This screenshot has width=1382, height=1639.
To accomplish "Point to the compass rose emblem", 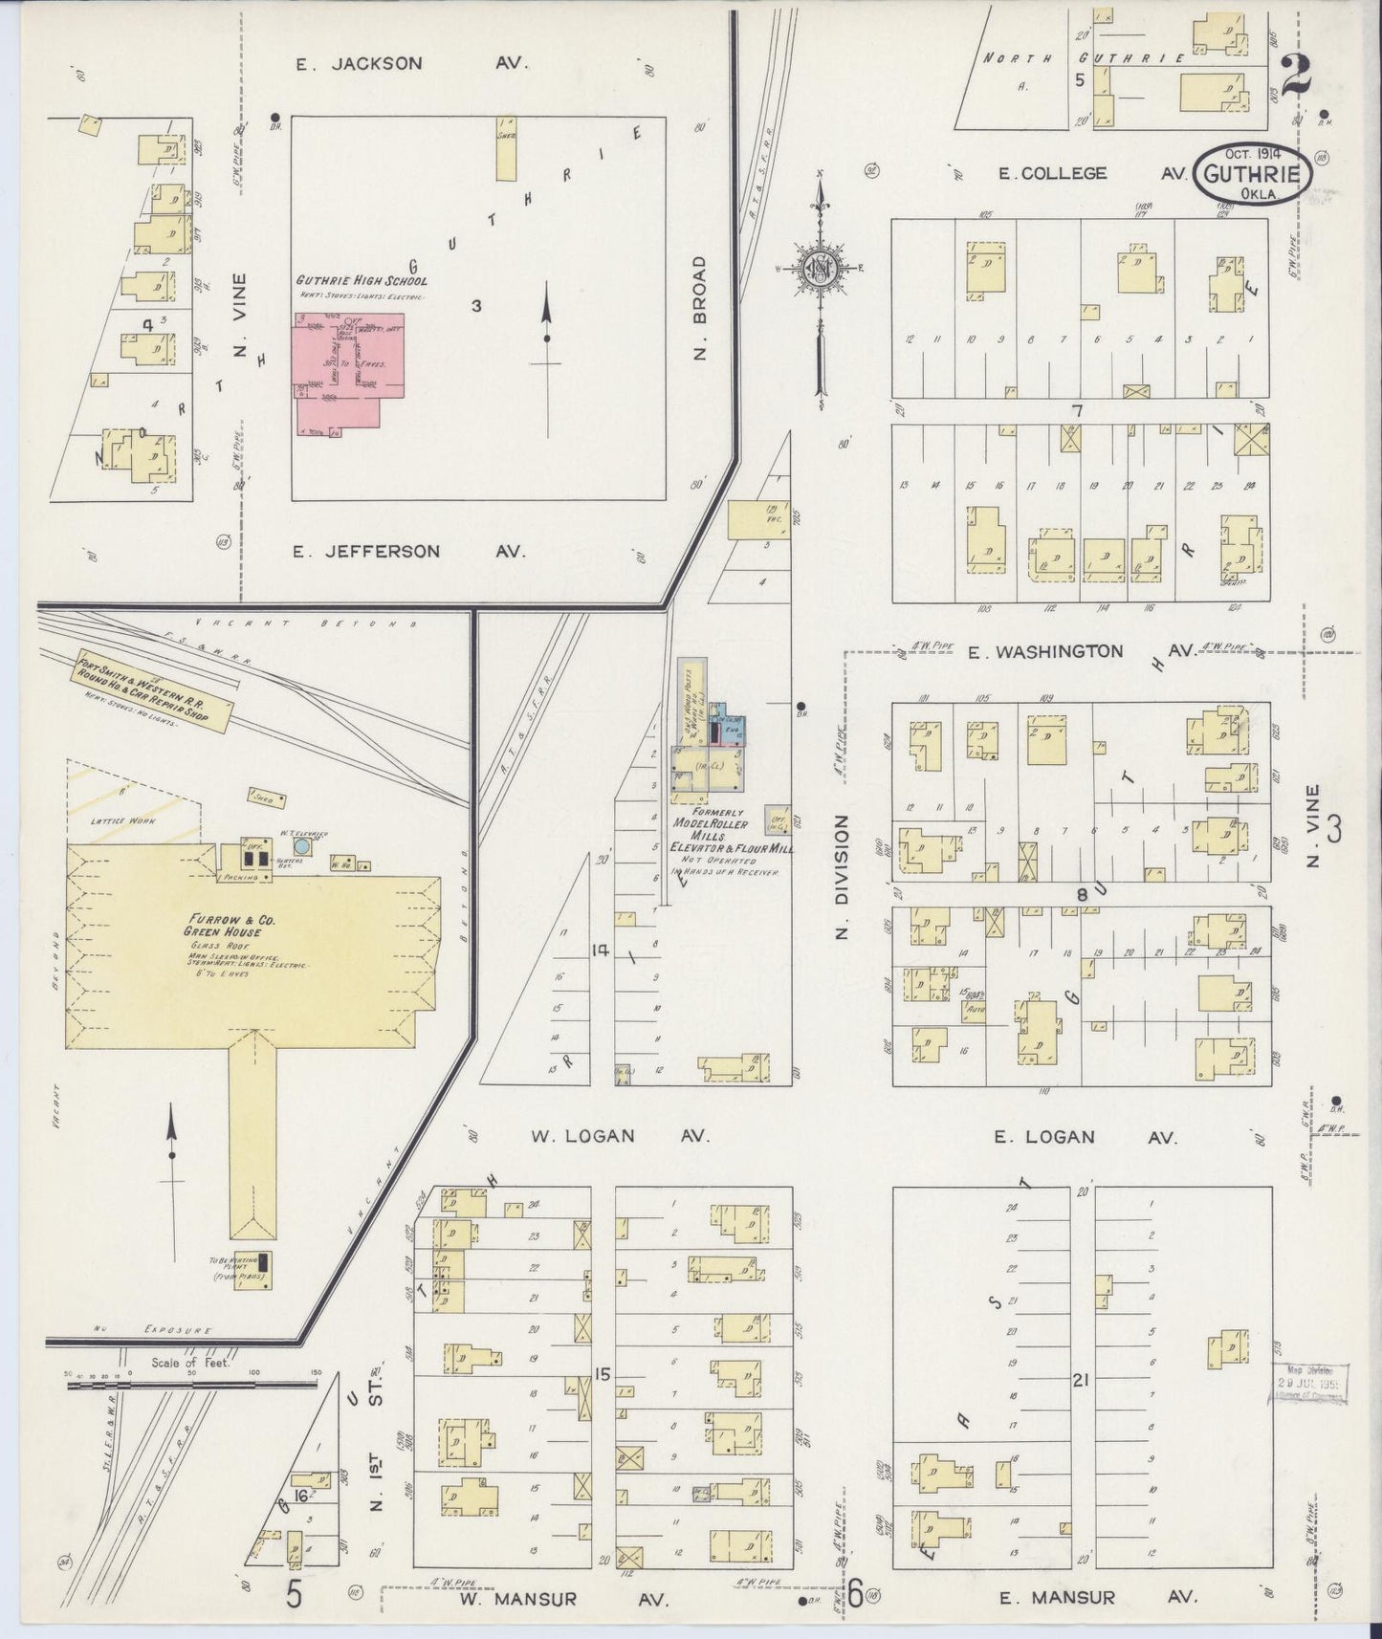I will pyautogui.click(x=821, y=269).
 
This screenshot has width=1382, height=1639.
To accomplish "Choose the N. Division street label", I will pyautogui.click(x=843, y=877).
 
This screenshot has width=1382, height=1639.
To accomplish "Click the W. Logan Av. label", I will pyautogui.click(x=620, y=1136).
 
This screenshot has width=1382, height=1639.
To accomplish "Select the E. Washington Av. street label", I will pyautogui.click(x=1079, y=651).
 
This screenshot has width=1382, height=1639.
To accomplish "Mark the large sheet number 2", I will pyautogui.click(x=1296, y=74).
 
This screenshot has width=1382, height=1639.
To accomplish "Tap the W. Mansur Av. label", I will pyautogui.click(x=558, y=1598).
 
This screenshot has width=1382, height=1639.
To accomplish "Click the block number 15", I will pyautogui.click(x=602, y=1375).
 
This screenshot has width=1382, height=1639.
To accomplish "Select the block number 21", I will pyautogui.click(x=1082, y=1380).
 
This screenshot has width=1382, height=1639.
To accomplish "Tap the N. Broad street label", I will pyautogui.click(x=700, y=308).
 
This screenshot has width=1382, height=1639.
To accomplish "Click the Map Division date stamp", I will pyautogui.click(x=1307, y=1383).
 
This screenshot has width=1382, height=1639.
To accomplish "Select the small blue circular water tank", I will pyautogui.click(x=302, y=846).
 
